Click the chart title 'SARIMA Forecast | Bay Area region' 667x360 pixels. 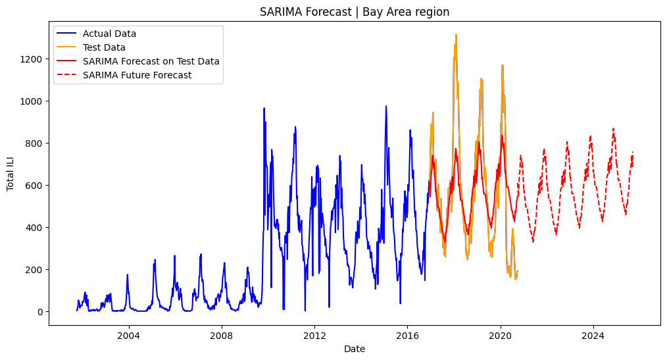click(355, 12)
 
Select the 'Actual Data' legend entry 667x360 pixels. click(109, 34)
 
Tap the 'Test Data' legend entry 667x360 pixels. click(104, 47)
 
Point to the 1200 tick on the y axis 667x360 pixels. click(31, 59)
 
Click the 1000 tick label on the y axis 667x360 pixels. click(31, 101)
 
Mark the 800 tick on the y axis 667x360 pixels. click(34, 143)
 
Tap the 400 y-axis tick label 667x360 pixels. click(34, 228)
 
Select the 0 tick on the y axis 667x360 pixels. click(40, 312)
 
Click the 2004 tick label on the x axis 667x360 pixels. click(129, 336)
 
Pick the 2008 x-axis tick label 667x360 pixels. click(222, 336)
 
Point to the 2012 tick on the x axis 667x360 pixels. click(315, 336)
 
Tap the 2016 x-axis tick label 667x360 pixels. click(408, 336)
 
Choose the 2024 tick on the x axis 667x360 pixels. click(593, 336)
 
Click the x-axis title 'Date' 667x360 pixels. click(355, 349)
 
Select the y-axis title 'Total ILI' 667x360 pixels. click(11, 174)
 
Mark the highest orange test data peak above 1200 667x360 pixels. click(456, 35)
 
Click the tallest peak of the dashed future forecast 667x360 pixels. click(614, 128)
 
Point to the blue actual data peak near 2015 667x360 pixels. click(386, 107)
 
